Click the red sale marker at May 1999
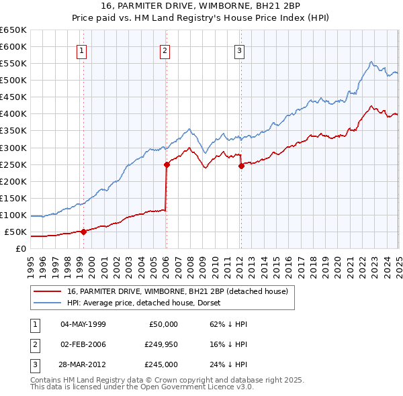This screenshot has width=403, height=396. tap(83, 232)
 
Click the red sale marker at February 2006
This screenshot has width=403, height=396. tap(166, 164)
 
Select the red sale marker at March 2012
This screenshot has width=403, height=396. tap(241, 166)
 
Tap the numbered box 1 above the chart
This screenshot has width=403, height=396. tap(81, 50)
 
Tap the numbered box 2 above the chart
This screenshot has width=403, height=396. tap(165, 50)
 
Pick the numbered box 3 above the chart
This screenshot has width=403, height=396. tap(240, 50)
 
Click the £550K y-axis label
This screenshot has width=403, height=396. tap(13, 63)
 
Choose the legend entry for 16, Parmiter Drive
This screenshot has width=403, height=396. tap(177, 291)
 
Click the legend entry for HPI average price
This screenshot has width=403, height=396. tap(147, 303)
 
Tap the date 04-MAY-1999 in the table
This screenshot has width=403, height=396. tap(83, 324)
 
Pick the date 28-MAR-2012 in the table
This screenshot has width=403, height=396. tap(83, 365)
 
